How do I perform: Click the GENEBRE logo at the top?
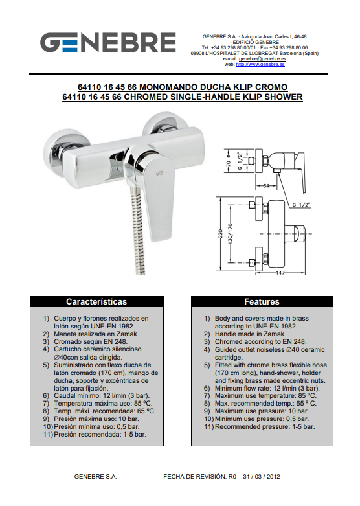click(x=107, y=42)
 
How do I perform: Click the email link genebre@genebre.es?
click(x=262, y=59)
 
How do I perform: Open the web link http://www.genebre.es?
click(x=260, y=64)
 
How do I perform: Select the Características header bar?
click(x=96, y=302)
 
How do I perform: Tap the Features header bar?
click(x=262, y=302)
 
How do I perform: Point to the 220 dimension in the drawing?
click(x=221, y=234)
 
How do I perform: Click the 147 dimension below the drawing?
click(x=280, y=273)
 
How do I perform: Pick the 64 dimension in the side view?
click(x=266, y=186)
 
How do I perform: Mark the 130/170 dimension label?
click(x=231, y=234)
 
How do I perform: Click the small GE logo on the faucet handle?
click(x=160, y=173)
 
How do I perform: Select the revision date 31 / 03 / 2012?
click(x=262, y=477)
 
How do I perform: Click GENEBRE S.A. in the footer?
click(x=95, y=477)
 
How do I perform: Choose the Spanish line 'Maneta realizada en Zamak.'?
click(x=96, y=334)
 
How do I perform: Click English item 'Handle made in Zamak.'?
click(x=251, y=334)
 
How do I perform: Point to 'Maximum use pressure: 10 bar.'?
click(x=262, y=411)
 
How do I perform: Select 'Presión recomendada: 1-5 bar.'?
click(x=100, y=434)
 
